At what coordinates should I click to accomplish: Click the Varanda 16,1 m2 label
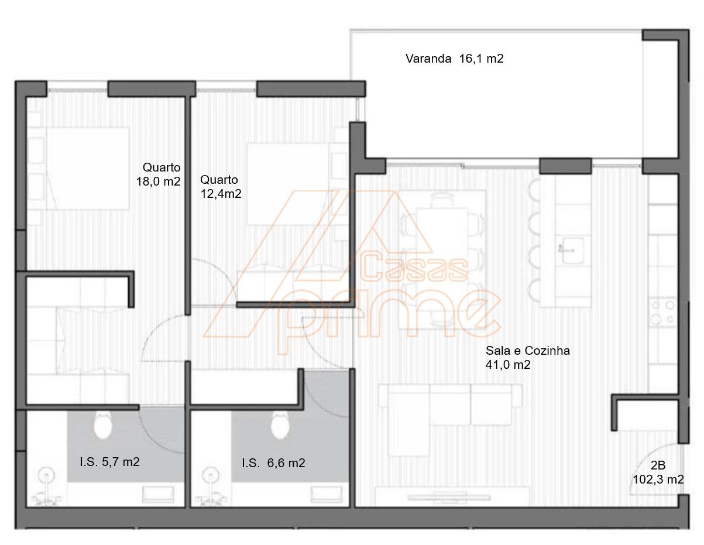click(454, 59)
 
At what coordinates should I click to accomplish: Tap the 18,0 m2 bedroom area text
click(158, 181)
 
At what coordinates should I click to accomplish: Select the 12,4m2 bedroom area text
click(221, 194)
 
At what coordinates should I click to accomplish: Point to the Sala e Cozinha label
click(527, 351)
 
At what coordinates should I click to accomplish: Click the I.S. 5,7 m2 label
click(109, 462)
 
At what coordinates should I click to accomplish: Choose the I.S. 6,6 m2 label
click(273, 463)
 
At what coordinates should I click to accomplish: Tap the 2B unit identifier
click(658, 465)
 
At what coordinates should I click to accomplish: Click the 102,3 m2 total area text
click(658, 479)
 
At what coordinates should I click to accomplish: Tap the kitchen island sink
click(573, 250)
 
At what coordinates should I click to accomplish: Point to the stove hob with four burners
click(663, 313)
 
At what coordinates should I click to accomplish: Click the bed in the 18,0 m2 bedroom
click(87, 168)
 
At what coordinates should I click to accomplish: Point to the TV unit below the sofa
click(449, 497)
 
